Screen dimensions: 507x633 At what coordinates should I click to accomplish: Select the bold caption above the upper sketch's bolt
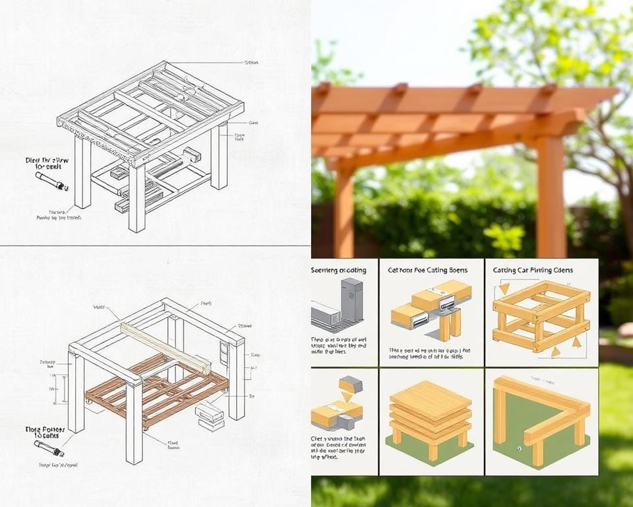pyautogui.click(x=43, y=162)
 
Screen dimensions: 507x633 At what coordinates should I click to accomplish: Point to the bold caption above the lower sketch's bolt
pyautogui.click(x=41, y=432)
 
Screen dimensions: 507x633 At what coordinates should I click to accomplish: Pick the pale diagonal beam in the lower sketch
pyautogui.click(x=165, y=347)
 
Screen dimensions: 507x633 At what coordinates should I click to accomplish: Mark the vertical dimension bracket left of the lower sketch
pyautogui.click(x=64, y=389)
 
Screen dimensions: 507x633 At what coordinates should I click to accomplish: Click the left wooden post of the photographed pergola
pyautogui.click(x=343, y=211)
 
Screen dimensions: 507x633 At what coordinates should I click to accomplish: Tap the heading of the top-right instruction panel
pyautogui.click(x=533, y=270)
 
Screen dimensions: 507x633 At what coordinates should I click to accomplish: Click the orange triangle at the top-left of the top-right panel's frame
pyautogui.click(x=504, y=288)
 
